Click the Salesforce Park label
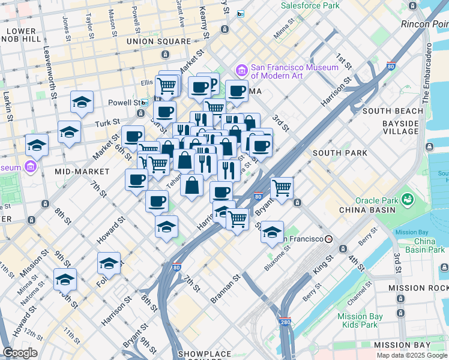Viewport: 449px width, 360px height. coord(310,5)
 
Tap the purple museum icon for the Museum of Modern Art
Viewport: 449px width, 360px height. coord(242,71)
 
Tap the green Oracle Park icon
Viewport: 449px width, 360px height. coord(408,199)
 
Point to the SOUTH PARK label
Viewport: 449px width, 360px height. coord(340,153)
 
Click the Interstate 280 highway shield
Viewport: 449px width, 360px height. coord(285,322)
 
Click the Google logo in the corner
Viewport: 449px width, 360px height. coord(20,353)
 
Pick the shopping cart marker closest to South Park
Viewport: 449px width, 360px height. coord(282,188)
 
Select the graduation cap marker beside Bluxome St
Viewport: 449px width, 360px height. coord(272,232)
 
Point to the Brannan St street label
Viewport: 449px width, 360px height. coord(225,289)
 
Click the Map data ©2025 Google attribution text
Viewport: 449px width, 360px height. coord(412,355)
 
